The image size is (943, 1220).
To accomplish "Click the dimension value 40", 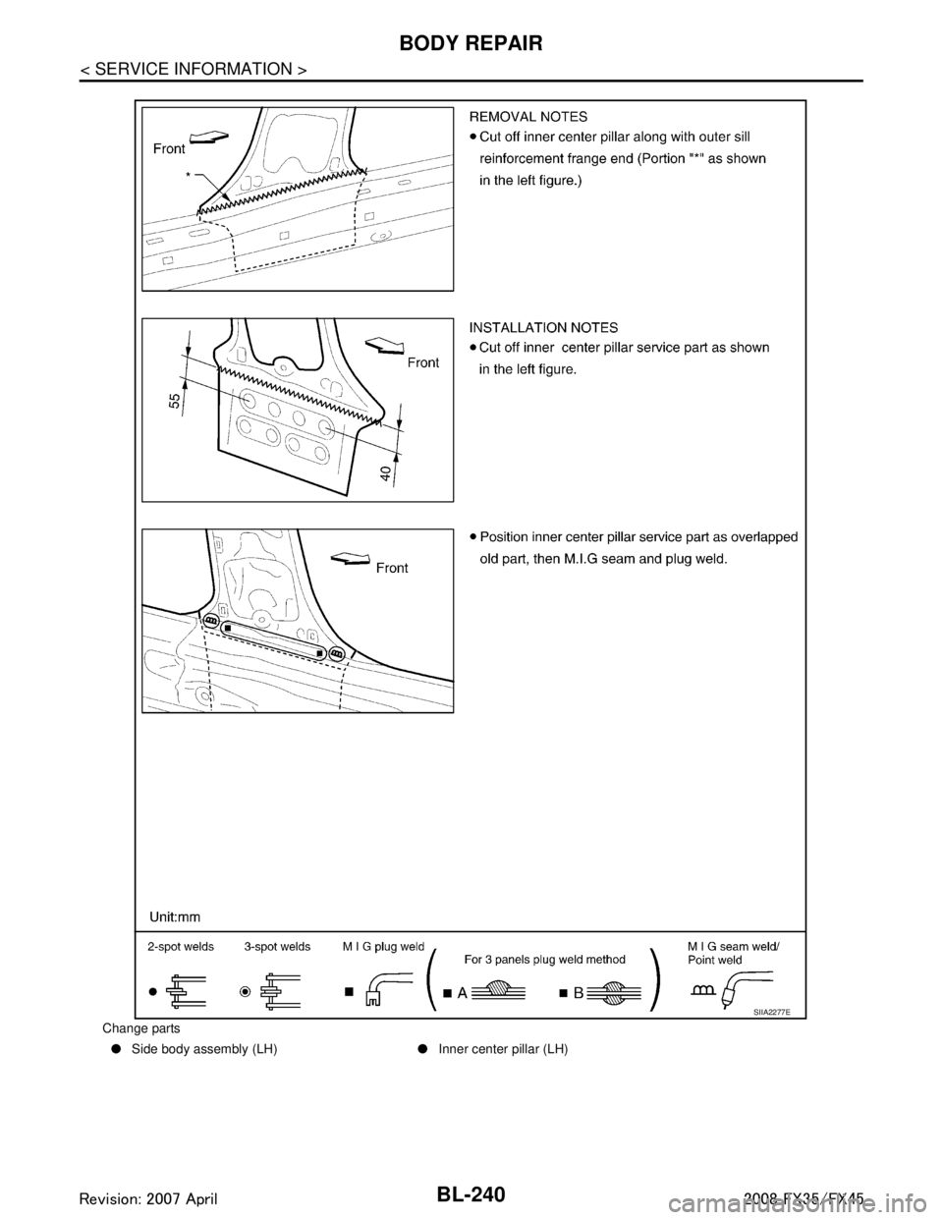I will click(x=387, y=473).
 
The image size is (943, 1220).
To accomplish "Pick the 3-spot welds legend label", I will click(x=277, y=948).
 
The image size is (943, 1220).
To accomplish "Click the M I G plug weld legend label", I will click(x=383, y=948).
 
